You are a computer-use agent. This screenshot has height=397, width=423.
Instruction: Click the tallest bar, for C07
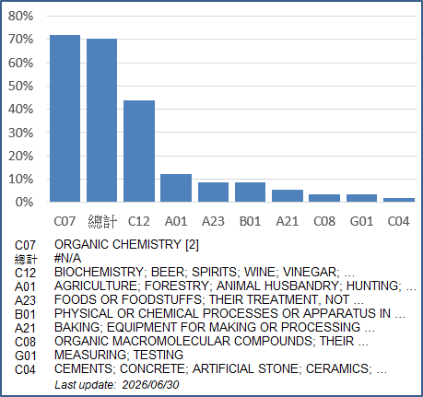(x=65, y=119)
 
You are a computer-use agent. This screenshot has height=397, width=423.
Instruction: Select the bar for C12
(x=139, y=151)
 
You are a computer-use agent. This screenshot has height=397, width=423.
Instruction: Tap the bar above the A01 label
(x=176, y=188)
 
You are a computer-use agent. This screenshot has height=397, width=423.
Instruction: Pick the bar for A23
(x=213, y=193)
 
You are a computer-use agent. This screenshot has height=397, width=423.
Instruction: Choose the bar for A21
(x=288, y=196)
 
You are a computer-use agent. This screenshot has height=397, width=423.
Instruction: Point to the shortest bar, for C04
(x=399, y=200)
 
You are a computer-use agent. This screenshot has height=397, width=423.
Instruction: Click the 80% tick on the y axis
(x=20, y=16)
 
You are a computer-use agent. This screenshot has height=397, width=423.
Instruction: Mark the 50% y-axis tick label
(x=20, y=86)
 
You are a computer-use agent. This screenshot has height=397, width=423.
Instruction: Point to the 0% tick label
(x=24, y=202)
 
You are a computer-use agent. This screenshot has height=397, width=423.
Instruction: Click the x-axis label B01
(x=250, y=221)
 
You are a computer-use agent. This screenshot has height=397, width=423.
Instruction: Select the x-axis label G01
(x=361, y=221)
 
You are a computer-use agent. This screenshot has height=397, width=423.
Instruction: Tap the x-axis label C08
(x=324, y=221)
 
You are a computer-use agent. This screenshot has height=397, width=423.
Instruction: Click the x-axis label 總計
(x=102, y=221)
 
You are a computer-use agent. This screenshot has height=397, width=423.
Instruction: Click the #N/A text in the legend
(x=67, y=258)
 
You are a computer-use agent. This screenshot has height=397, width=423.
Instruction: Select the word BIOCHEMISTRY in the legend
(x=99, y=272)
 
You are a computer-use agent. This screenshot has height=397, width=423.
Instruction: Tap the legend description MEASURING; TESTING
(x=119, y=355)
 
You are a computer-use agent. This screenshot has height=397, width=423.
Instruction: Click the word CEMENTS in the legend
(x=83, y=368)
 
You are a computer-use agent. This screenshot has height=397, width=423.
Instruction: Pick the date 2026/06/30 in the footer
(x=150, y=385)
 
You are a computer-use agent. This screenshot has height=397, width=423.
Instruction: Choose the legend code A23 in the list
(x=25, y=300)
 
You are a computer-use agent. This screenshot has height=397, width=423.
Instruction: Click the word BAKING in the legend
(x=77, y=327)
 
